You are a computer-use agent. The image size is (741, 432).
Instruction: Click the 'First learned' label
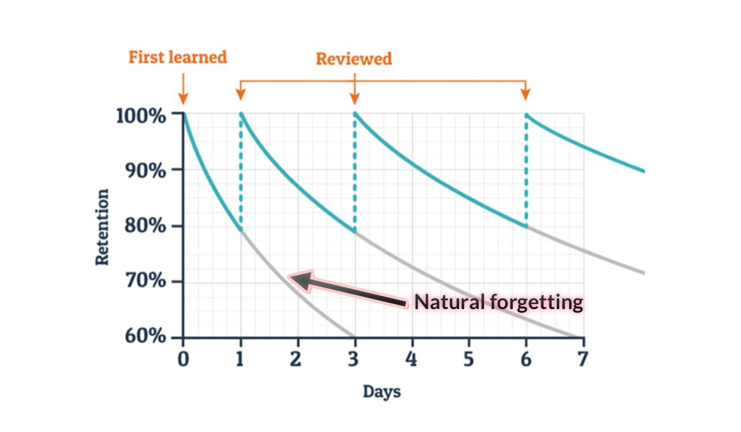point(177,57)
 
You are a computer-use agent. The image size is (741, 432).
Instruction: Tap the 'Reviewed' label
point(354,59)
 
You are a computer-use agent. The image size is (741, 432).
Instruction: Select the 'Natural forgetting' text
point(498,302)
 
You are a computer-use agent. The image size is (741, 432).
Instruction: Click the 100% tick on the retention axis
point(141,115)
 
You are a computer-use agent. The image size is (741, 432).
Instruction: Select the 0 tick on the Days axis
point(183,358)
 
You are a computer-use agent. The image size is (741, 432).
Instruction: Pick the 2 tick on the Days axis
point(296,358)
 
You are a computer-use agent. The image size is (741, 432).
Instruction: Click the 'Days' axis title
point(381,392)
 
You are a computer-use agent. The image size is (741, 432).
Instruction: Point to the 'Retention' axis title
point(102,227)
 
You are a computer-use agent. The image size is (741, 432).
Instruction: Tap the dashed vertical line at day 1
point(241,174)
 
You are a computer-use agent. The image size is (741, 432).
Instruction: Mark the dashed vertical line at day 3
point(355,174)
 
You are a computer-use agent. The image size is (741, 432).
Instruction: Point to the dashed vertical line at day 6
point(526,174)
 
